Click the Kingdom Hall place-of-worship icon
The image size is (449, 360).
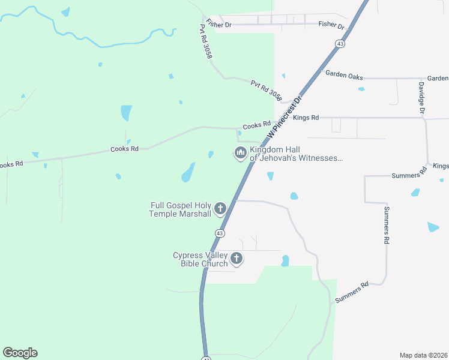click(x=240, y=153)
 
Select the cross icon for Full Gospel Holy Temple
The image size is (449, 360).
click(x=220, y=209)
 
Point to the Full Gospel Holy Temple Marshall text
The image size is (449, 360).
click(x=180, y=209)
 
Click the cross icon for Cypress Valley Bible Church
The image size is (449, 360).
click(x=237, y=259)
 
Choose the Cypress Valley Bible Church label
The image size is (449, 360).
click(x=200, y=259)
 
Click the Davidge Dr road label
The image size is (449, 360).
click(x=421, y=98)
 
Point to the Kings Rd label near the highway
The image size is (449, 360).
click(x=306, y=118)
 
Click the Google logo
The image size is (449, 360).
click(x=20, y=352)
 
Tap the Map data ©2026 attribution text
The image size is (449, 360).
click(x=423, y=355)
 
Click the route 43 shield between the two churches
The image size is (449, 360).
click(x=220, y=233)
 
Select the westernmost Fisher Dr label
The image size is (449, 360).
click(x=218, y=24)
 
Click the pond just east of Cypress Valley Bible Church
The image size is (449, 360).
click(x=285, y=261)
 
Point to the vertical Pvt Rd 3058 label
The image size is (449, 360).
click(x=206, y=41)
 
